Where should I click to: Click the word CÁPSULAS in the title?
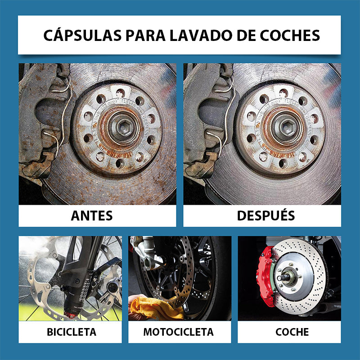coord(82,36)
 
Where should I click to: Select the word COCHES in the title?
coord(290,36)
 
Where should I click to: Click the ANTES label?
coord(92,216)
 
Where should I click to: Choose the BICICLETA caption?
coord(72,332)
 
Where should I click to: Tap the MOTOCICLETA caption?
coord(178,332)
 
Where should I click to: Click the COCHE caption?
coord(292,332)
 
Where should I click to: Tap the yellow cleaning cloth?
coord(157,307)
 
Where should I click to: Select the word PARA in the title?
coord(145,36)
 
